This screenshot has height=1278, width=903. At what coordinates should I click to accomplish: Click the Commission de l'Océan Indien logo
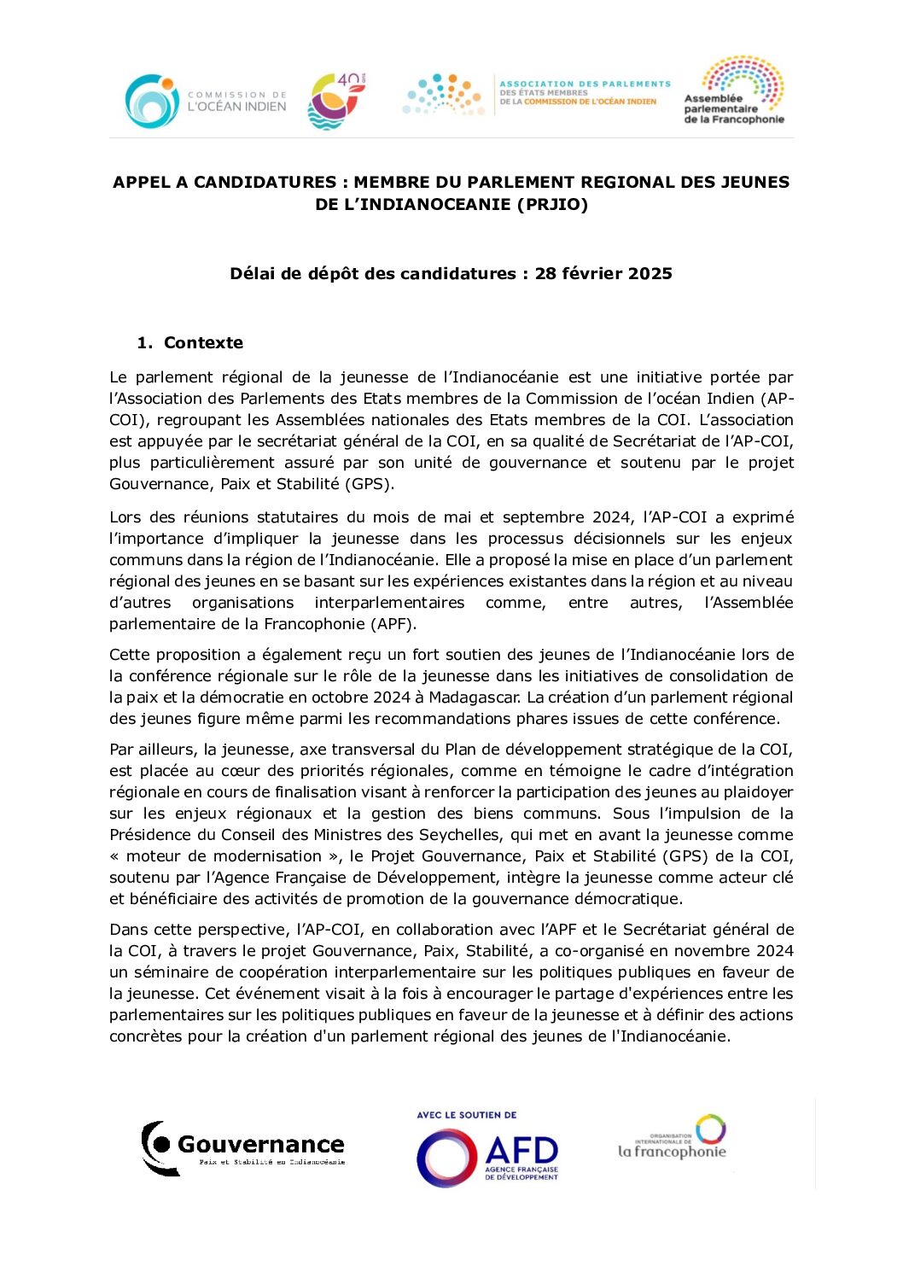tap(205, 101)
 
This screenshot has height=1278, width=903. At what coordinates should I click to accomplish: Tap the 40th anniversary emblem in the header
tap(336, 101)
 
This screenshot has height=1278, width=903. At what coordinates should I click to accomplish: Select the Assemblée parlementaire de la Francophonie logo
tap(734, 91)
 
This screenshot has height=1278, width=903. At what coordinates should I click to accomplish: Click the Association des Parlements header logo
tap(537, 94)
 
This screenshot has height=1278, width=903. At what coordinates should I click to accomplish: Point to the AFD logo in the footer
tap(487, 1157)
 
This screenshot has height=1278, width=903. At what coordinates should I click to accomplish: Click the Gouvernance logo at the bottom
tap(244, 1148)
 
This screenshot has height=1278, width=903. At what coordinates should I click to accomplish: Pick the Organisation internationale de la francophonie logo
tap(673, 1137)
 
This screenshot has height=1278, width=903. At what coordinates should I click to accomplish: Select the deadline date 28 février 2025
tap(603, 273)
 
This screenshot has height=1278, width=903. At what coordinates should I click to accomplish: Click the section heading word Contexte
tap(203, 342)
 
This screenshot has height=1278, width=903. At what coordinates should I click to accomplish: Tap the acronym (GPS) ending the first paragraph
tap(368, 484)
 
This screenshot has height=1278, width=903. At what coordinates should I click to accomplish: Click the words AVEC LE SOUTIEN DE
tap(467, 1115)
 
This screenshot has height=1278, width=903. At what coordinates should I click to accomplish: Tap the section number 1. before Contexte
tap(144, 342)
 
